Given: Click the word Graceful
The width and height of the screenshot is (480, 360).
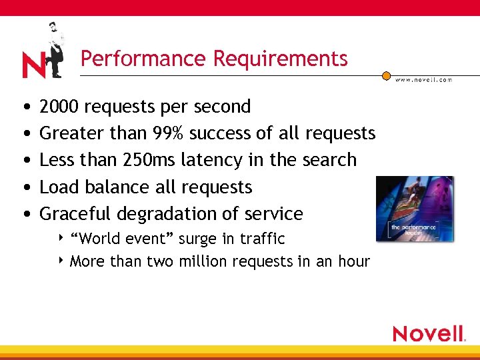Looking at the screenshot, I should pos(75,214).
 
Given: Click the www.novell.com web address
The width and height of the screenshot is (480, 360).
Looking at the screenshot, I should pos(423,79).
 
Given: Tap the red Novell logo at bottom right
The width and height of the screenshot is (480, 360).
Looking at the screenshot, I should pos(428,333).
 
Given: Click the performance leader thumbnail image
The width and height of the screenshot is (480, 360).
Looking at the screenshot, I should pos(414,209).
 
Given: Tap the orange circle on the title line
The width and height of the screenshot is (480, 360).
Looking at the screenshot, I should pos(386,76).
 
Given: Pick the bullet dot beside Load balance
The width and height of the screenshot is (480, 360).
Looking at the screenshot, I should pos(25,187).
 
